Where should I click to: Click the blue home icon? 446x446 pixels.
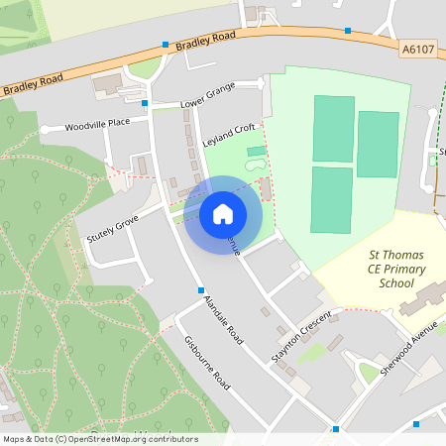pos(223,212)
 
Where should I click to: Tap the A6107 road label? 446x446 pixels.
pos(420,48)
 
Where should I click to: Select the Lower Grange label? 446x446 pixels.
pos(207,101)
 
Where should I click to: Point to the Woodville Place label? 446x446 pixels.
pos(98,124)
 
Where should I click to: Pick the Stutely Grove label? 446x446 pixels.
pos(112,225)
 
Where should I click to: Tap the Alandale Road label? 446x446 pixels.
pos(223,320)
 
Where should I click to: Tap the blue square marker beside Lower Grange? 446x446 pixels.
pos(146,103)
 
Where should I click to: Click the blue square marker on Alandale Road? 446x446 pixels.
pos(200,289)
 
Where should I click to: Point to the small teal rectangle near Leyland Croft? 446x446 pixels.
pos(257,151)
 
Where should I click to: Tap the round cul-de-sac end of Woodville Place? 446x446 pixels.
pos(45,130)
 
